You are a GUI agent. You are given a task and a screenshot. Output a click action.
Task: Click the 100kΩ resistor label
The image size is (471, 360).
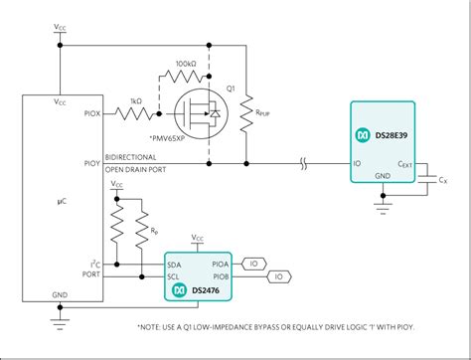pyautogui.click(x=185, y=63)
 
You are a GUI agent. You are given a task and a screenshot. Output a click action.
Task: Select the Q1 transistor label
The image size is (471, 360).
pyautogui.click(x=230, y=89)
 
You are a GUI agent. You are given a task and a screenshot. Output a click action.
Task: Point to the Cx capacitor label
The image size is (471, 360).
pyautogui.click(x=444, y=180)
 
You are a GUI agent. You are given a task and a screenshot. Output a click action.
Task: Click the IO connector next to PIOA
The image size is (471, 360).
pyautogui.click(x=254, y=264)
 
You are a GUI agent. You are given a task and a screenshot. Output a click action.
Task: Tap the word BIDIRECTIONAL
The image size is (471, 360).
pyautogui.click(x=136, y=157)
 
